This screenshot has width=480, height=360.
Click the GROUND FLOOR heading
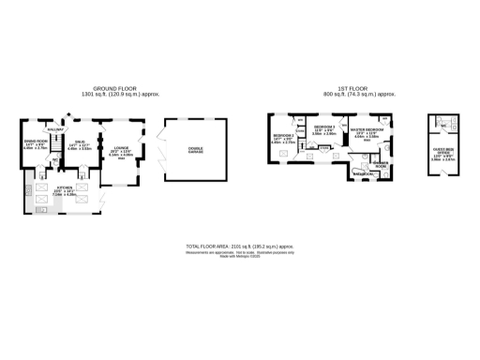(110, 88)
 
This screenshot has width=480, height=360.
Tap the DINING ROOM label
(35, 141)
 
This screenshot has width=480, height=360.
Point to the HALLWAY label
(55, 128)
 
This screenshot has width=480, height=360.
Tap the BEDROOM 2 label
(284, 135)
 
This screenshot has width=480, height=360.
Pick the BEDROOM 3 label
(323, 126)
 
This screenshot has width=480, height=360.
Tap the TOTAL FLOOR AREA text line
(240, 245)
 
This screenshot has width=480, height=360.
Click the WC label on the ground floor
(56, 161)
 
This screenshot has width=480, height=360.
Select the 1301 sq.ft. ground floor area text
(110, 95)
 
